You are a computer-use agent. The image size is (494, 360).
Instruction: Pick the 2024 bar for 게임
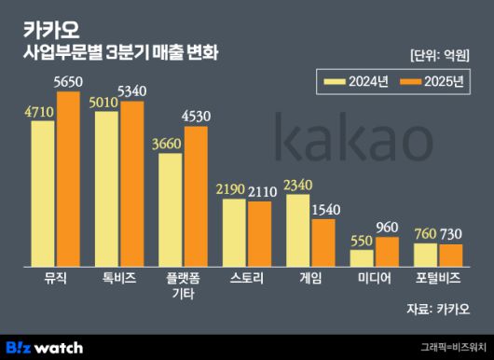[297, 229]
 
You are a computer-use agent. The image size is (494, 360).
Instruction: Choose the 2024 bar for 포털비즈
[425, 254]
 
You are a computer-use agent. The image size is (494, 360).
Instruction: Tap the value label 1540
[323, 210]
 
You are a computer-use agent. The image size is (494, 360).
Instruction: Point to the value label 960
[387, 228]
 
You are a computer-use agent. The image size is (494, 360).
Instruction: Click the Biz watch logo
[44, 347]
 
